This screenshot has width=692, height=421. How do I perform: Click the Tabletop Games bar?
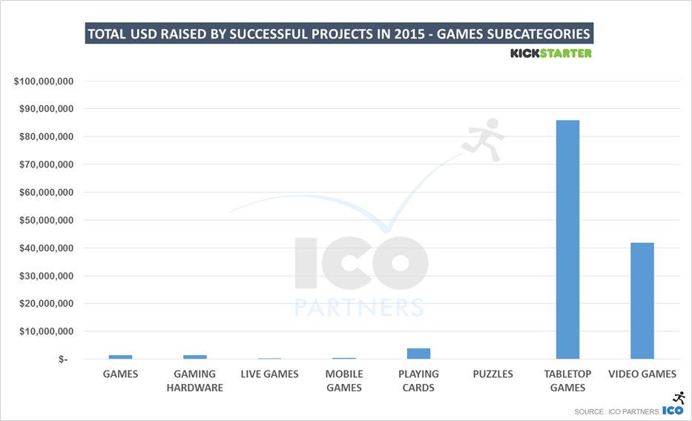coord(567,239)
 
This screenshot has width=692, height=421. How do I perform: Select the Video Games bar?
coord(642,300)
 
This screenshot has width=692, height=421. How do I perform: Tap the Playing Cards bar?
coord(418,354)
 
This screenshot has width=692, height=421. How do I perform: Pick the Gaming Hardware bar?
coord(194,357)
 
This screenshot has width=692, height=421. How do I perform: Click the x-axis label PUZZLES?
coord(492,374)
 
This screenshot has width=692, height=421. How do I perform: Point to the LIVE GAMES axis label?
coord(269,374)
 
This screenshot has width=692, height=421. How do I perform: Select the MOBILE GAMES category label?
coord(344,380)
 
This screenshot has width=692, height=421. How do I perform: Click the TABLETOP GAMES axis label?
coord(567,380)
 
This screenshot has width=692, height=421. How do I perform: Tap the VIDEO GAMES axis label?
coord(642,374)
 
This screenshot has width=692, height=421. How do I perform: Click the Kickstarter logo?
coord(550,53)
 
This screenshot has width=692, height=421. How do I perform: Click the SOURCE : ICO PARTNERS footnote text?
coord(616,411)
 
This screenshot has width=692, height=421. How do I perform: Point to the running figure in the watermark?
coord(484,139)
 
